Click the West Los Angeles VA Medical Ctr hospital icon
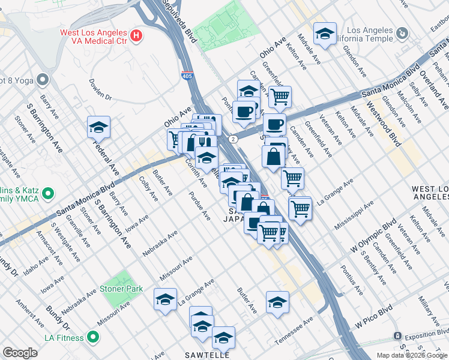coord(136,36)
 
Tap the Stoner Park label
coord(126,289)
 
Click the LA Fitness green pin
coord(93,337)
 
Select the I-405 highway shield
coord(188,76)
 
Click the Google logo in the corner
coord(20,353)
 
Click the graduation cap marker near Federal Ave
coord(98,127)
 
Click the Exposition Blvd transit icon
coord(397,335)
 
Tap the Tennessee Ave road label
coord(294,331)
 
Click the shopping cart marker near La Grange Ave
coord(292,178)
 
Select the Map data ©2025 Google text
coord(411,355)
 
